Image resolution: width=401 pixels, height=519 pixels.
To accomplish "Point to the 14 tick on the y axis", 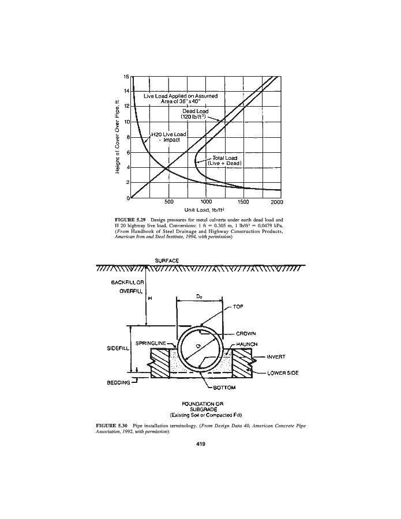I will pos(126,91).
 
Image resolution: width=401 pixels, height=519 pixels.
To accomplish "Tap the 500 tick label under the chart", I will pos(169,202).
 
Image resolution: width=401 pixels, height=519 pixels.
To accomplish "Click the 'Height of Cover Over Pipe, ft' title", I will pos(117,137).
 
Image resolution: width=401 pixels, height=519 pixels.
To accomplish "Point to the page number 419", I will pos(200,445).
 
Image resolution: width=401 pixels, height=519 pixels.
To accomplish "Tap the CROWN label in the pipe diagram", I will pos(246,333).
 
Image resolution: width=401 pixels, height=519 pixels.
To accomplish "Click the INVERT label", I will pos(278,358).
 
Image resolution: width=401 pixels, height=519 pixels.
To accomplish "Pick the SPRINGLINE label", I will pos(151,343).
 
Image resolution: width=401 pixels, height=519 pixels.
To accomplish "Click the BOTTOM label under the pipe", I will pos(225,388).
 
